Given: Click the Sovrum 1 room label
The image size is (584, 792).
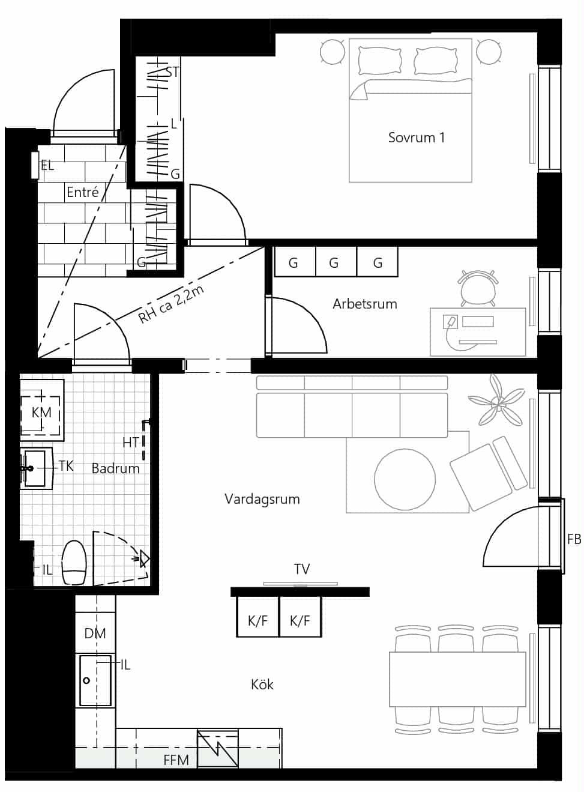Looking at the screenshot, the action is coord(417,138).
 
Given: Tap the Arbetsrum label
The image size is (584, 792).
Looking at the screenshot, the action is coord(365,304).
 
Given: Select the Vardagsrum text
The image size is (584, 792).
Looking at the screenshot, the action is coord(262,499).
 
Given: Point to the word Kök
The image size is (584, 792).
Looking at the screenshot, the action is coord(262,685).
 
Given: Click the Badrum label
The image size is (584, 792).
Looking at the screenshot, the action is coord(116,468).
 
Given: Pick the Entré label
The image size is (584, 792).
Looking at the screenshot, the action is coord(83,192).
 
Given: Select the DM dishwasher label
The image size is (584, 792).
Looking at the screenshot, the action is coord(95,633).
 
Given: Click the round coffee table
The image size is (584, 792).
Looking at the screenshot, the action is coord(405,480).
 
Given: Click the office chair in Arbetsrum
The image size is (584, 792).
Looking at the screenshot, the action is coord(477,288).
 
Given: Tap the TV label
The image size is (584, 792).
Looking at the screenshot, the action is coord(302,569).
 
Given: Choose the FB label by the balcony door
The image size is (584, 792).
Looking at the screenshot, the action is coord(574,539).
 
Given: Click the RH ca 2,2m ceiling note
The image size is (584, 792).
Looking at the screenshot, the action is coord(170,305).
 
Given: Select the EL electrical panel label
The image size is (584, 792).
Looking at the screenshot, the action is coord(47,166).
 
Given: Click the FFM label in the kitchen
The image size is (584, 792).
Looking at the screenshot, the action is coord(176,760).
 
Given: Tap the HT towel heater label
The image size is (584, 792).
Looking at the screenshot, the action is coord(131,443).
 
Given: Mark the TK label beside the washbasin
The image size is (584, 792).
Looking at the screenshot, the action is coord(66,466).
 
